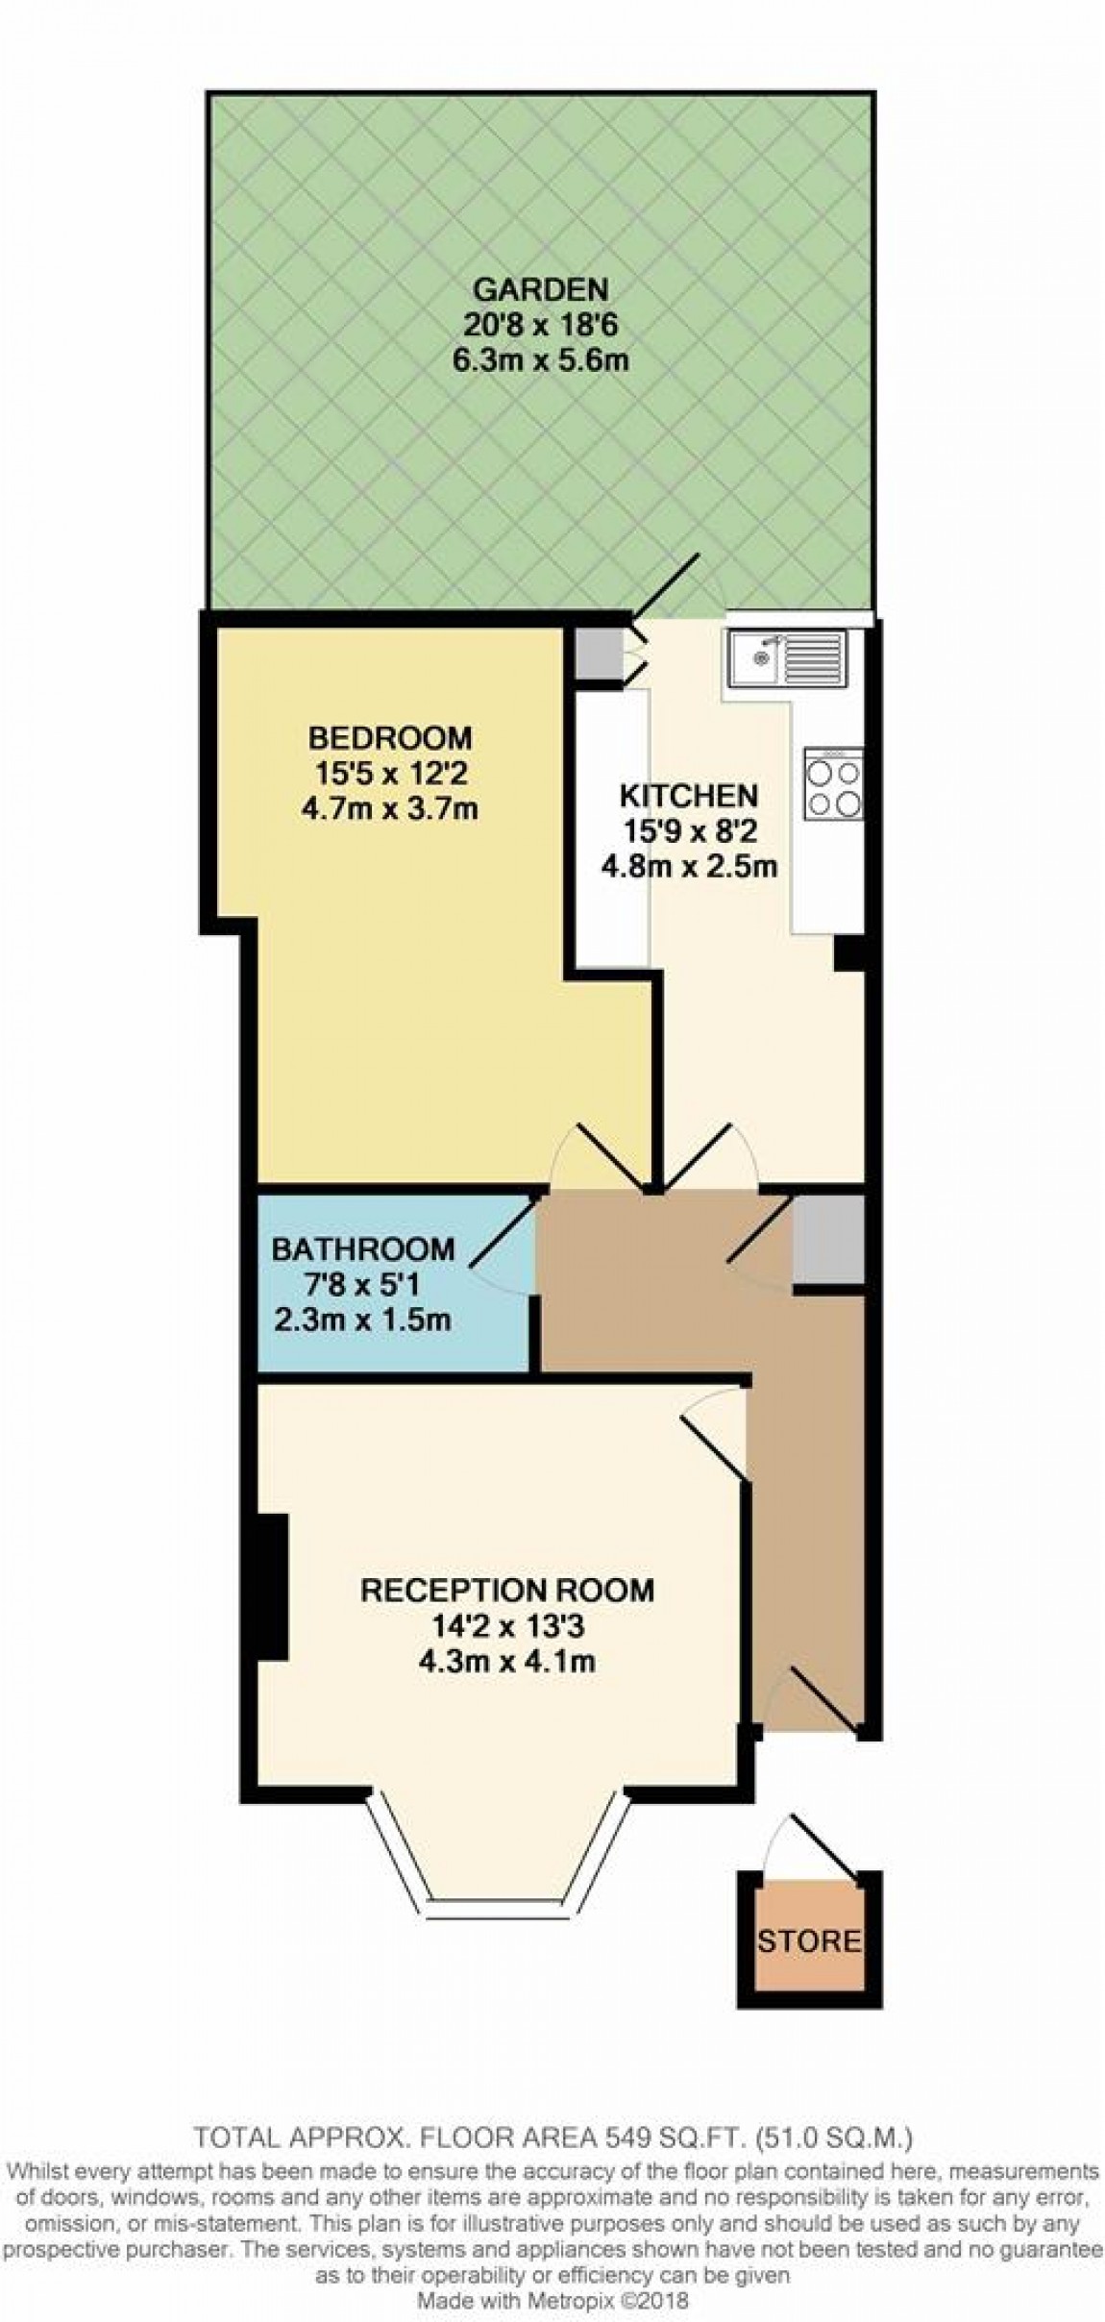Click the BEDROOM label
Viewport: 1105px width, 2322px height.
pos(390,737)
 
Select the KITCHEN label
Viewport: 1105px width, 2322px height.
pos(688,796)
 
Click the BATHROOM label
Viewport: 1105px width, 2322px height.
pos(362,1248)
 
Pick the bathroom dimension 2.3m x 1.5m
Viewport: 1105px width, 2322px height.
pos(362,1319)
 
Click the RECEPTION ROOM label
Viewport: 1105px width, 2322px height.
pos(506,1590)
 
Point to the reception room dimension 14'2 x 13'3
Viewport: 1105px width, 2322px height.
pos(506,1625)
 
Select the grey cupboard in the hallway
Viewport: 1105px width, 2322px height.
pos(826,1239)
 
